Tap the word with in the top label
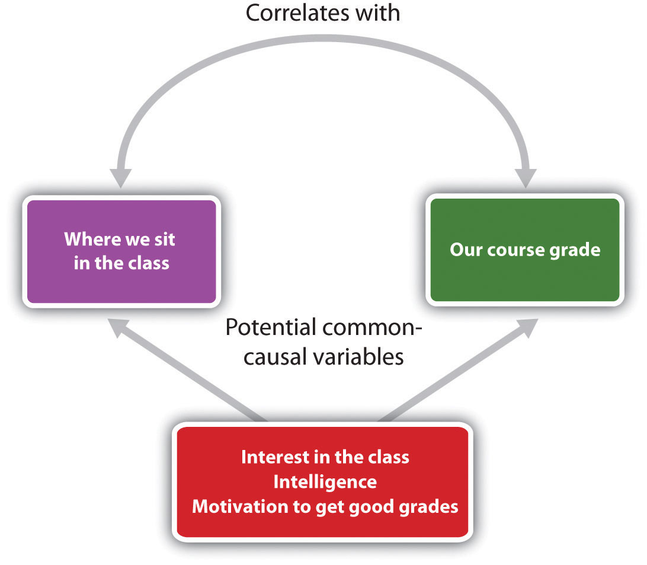[x=376, y=12]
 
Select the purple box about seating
[x=121, y=251]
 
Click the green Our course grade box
[x=525, y=250]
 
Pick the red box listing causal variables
[x=323, y=482]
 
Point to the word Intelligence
[x=325, y=482]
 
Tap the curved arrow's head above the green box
[x=526, y=177]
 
